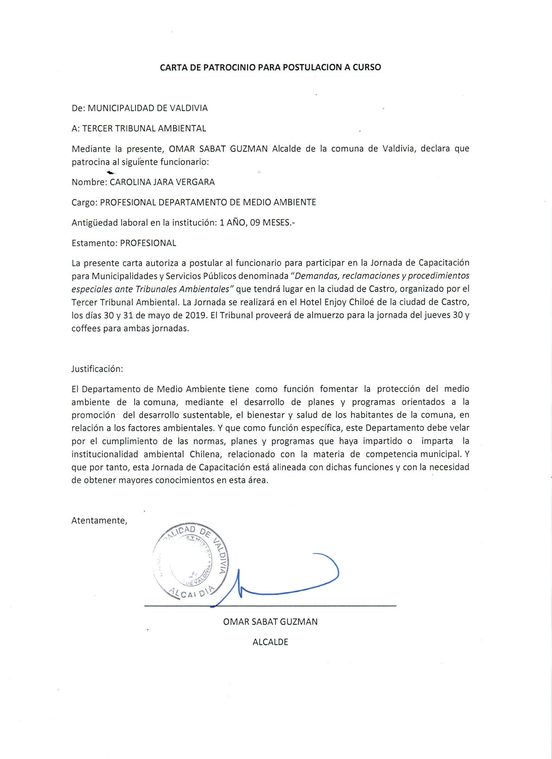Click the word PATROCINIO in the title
pos(230,67)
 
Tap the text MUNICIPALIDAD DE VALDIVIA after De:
pos(147,108)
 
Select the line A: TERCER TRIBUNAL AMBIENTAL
pos(139,128)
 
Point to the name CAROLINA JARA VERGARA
pos(162,182)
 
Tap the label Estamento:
pos(94,243)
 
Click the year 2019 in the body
pos(195,315)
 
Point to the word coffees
pos(86,328)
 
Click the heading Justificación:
pos(97,369)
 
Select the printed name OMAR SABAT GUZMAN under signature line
pos(270,622)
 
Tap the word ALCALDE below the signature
pos(270,642)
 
